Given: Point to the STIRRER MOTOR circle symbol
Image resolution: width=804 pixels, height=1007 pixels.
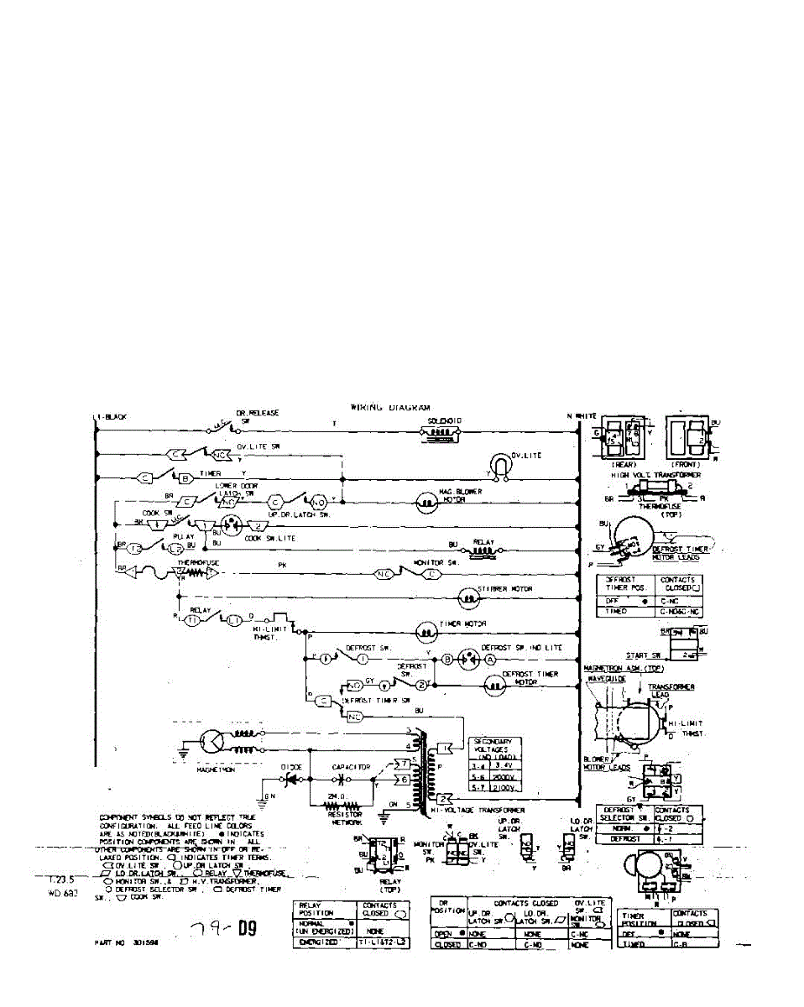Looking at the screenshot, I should [467, 597].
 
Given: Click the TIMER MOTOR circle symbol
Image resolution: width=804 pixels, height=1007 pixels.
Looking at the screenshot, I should [428, 630].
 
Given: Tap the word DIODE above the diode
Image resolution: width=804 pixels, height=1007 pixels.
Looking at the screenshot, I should [292, 766].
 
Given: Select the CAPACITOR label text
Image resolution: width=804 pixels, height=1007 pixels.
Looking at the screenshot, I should [351, 766].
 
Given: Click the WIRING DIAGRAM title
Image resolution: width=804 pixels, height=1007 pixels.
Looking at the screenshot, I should [390, 407].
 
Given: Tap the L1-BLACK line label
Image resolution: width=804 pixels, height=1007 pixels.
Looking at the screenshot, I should [110, 416].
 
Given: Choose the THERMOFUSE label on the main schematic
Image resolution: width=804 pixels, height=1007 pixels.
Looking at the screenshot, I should [195, 563].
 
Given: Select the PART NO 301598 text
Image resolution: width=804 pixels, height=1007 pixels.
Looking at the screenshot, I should [127, 942].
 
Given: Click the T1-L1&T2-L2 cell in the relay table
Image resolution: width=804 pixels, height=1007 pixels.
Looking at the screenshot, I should [384, 943].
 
